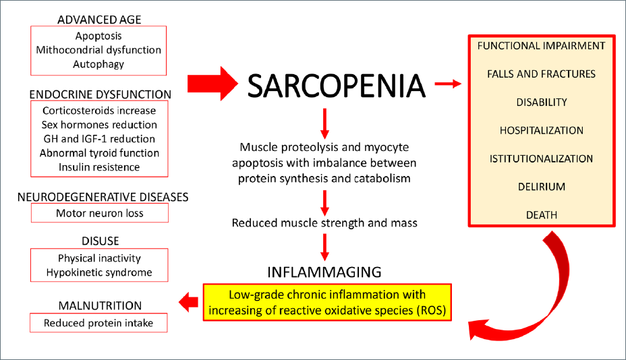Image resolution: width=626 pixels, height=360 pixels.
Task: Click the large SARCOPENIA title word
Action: click(x=336, y=86)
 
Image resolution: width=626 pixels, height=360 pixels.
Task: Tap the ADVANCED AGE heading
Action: click(x=99, y=20)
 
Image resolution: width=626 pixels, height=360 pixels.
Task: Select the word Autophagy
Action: click(x=98, y=64)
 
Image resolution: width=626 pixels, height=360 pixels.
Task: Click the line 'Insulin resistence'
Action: click(x=99, y=167)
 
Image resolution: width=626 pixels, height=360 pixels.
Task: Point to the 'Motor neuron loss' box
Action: click(x=100, y=213)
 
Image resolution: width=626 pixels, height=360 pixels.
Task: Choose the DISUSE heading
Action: click(x=101, y=241)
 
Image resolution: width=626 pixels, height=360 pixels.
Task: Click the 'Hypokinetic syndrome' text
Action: click(x=99, y=272)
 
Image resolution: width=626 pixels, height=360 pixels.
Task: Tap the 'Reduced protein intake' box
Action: click(x=98, y=323)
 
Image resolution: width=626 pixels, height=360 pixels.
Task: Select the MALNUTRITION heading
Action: click(x=100, y=305)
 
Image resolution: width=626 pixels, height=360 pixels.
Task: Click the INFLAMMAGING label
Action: click(x=324, y=272)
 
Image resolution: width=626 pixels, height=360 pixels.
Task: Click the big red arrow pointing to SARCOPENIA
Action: click(x=212, y=84)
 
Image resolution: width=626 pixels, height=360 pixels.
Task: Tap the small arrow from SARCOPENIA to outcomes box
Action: click(x=448, y=84)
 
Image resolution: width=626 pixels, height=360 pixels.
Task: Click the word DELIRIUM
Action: click(x=542, y=187)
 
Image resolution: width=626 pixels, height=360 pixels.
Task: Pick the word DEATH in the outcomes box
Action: click(x=542, y=215)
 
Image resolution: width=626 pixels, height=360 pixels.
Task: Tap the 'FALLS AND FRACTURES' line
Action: click(x=542, y=74)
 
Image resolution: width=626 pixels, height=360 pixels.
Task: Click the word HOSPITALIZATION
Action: click(x=542, y=131)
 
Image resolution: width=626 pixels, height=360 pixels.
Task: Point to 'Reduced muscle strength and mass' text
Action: click(x=324, y=222)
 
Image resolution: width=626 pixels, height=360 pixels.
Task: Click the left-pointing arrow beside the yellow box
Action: click(x=188, y=302)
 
